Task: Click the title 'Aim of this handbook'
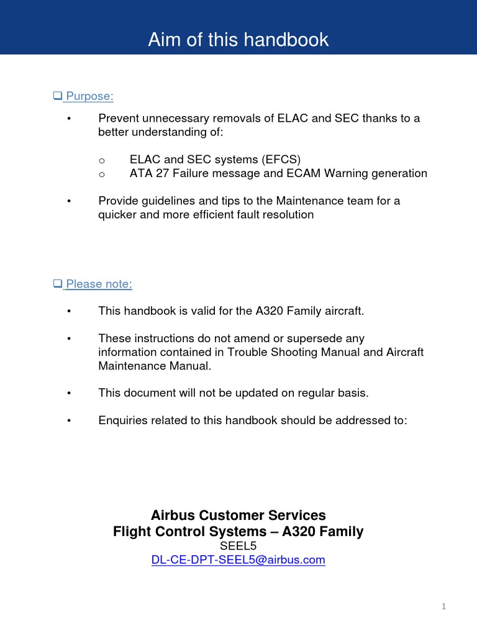tap(238, 40)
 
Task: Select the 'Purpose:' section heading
tap(89, 96)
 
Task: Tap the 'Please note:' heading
tap(99, 284)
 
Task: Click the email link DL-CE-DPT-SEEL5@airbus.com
tap(238, 560)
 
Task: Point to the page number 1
tap(444, 607)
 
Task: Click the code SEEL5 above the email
tap(238, 546)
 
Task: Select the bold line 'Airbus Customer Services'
tap(238, 516)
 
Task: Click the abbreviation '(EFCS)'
tap(280, 160)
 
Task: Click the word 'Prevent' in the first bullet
tap(119, 118)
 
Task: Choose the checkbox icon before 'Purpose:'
tap(57, 96)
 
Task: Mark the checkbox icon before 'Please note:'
tap(57, 284)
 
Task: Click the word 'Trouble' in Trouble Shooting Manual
tap(247, 352)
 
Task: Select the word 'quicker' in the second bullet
tap(118, 215)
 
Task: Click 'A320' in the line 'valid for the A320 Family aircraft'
tap(269, 311)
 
